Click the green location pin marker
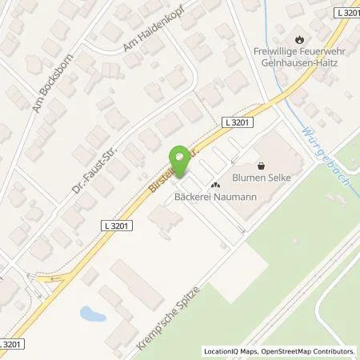(180, 160)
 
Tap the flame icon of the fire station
(299, 38)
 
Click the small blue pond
(92, 314)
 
